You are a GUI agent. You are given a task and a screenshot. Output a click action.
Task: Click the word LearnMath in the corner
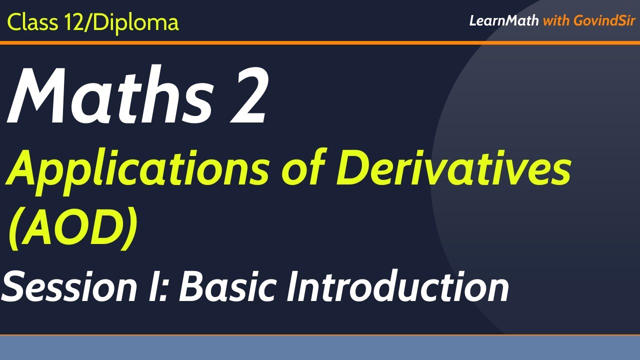[503, 21]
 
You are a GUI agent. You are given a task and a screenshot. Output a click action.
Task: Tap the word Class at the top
[32, 22]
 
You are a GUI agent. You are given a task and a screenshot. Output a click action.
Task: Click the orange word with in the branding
[555, 21]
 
